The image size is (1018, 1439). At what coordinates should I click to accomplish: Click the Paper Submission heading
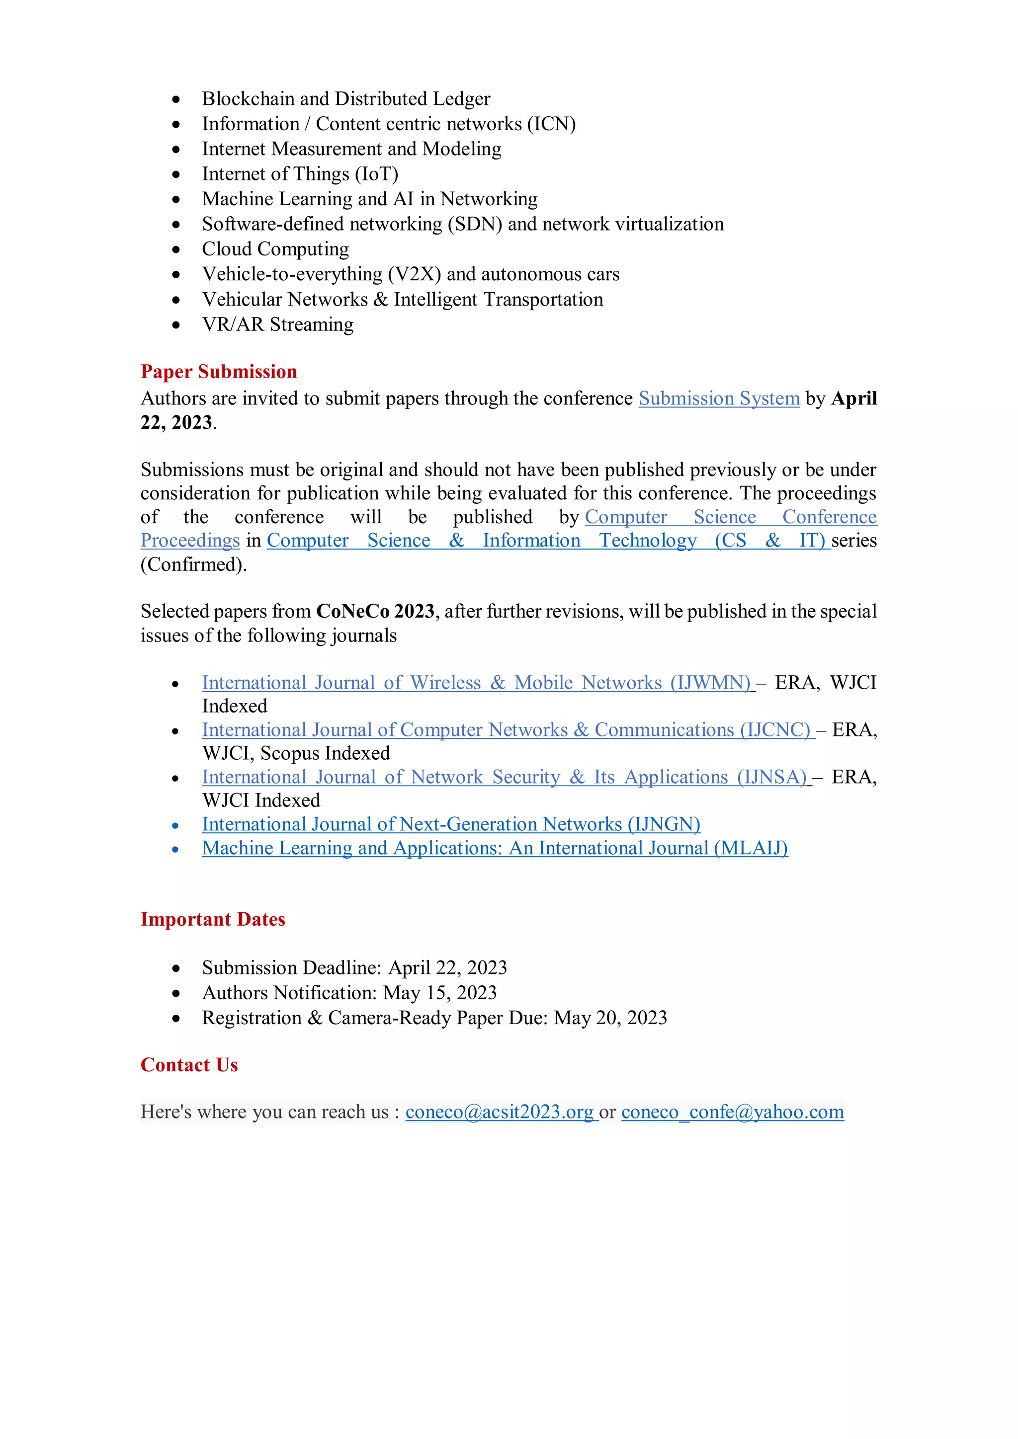tap(218, 372)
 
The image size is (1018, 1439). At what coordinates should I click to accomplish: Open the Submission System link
tap(719, 399)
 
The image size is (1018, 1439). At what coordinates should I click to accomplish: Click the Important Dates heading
tap(213, 919)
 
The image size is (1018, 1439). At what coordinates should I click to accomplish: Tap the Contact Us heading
tap(189, 1065)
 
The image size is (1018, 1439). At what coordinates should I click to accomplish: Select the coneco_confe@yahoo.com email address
tap(732, 1112)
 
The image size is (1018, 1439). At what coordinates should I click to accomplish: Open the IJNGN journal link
tap(451, 824)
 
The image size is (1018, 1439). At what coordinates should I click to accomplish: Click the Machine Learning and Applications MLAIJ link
tap(495, 848)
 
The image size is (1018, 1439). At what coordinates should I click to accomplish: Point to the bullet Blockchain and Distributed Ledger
tap(346, 99)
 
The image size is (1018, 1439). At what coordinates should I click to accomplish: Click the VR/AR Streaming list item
tap(278, 324)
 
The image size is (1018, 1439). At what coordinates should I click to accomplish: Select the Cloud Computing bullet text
tap(275, 249)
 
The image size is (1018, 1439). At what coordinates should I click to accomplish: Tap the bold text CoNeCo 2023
tap(375, 611)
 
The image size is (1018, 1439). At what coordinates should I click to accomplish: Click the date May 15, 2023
tap(440, 993)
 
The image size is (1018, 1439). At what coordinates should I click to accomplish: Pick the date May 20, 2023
tap(610, 1018)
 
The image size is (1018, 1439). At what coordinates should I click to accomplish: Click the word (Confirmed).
tap(194, 564)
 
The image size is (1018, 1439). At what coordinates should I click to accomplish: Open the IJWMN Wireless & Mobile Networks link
tap(476, 683)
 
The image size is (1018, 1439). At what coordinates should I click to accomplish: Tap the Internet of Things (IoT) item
tap(300, 174)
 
